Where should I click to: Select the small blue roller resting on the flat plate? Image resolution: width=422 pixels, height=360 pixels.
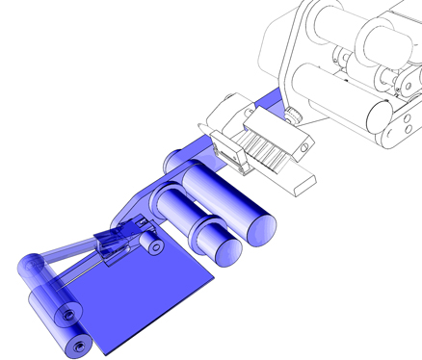[x=154, y=246]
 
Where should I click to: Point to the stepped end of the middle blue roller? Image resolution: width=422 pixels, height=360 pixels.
[x=221, y=248]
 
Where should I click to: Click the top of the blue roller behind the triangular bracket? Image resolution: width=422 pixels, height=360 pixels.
[x=179, y=155]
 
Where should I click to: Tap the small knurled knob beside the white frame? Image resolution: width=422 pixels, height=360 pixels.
[x=291, y=117]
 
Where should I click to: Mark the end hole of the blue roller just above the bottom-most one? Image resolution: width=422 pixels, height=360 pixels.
[x=66, y=314]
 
